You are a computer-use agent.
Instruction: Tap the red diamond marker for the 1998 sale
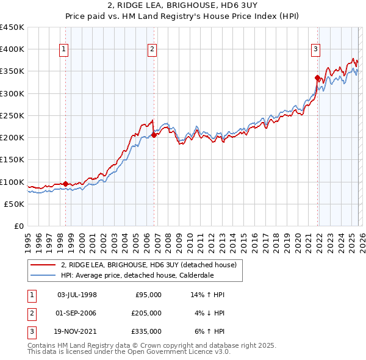coord(66,184)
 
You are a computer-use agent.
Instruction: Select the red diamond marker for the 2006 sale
coord(154,135)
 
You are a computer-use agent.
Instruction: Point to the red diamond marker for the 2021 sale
coord(318,77)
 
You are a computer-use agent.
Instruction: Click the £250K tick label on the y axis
coord(12,115)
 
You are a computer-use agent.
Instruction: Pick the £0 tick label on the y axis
coord(20,226)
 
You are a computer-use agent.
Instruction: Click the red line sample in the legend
coord(43,265)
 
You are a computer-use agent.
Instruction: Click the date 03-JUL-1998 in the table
coord(77,295)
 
